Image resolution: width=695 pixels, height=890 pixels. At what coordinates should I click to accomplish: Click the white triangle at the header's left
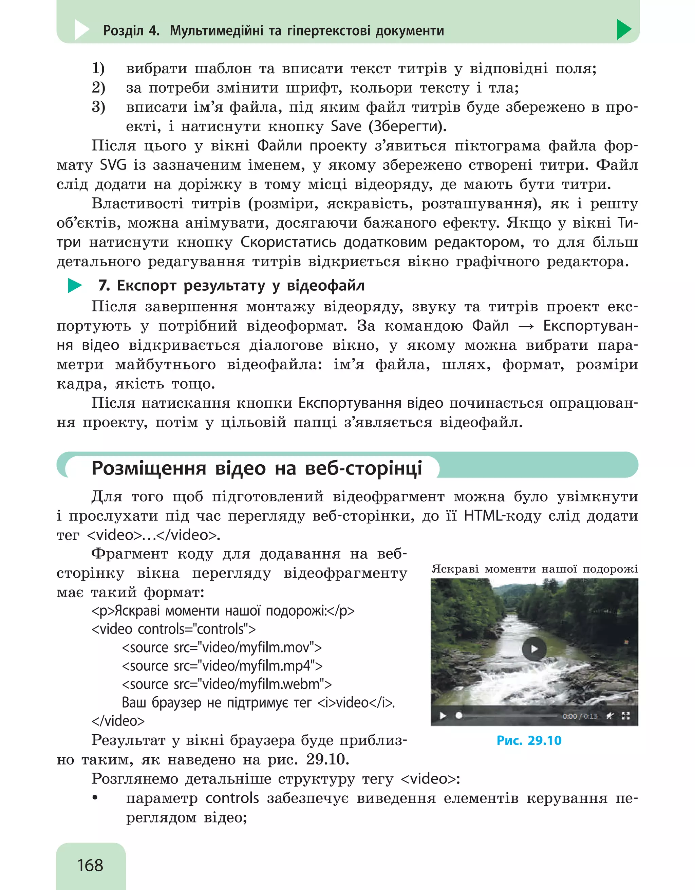(x=81, y=30)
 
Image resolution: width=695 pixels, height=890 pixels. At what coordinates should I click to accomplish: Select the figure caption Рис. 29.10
(x=529, y=740)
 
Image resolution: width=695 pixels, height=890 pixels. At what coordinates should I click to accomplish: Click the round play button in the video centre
(x=534, y=649)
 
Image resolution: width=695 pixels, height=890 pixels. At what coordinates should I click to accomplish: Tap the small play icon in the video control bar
(x=443, y=716)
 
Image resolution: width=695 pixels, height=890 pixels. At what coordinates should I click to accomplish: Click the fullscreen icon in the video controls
(x=626, y=716)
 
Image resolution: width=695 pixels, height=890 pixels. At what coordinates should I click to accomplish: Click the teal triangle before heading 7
(x=74, y=286)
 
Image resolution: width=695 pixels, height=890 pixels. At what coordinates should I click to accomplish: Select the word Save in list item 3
(x=346, y=126)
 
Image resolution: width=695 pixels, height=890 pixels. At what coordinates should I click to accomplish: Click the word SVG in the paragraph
(x=113, y=165)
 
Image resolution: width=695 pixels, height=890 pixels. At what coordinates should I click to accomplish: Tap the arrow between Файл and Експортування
(x=526, y=326)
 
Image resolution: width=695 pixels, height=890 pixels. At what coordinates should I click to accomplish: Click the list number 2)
(x=98, y=88)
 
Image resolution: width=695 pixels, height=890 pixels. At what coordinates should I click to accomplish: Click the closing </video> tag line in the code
(x=118, y=721)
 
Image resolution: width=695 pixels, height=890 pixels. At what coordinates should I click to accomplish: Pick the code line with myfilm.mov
(x=222, y=647)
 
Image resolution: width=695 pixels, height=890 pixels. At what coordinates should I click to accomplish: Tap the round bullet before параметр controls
(x=95, y=798)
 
